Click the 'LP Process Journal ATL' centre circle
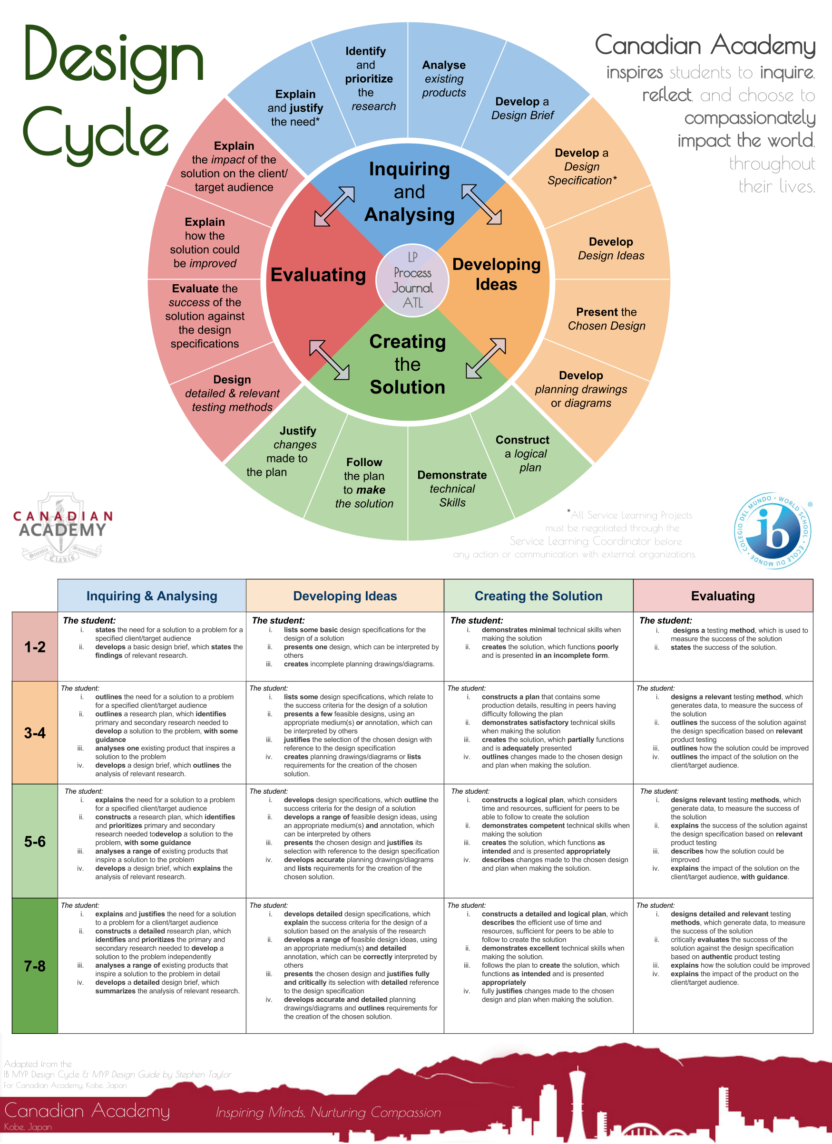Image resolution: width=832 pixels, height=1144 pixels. pyautogui.click(x=412, y=280)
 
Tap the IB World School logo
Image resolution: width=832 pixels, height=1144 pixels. pyautogui.click(x=773, y=530)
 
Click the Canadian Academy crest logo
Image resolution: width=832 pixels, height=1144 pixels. pyautogui.click(x=61, y=527)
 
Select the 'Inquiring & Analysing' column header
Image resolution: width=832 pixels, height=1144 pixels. pyautogui.click(x=151, y=596)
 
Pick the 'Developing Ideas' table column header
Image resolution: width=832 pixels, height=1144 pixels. pyautogui.click(x=345, y=596)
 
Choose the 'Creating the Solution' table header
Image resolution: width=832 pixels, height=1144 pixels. pyautogui.click(x=538, y=596)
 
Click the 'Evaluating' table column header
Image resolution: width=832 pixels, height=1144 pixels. pyautogui.click(x=723, y=596)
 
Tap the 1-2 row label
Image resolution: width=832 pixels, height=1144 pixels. pyautogui.click(x=35, y=647)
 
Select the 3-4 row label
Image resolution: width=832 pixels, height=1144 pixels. pyautogui.click(x=35, y=732)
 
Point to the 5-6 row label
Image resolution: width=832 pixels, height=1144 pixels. pyautogui.click(x=35, y=841)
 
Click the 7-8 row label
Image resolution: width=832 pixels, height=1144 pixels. pyautogui.click(x=35, y=965)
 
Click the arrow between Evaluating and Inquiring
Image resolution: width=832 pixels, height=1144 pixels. pyautogui.click(x=334, y=206)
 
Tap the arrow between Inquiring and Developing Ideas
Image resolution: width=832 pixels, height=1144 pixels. pyautogui.click(x=481, y=204)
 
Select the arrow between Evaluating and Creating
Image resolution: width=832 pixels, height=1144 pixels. pyautogui.click(x=329, y=360)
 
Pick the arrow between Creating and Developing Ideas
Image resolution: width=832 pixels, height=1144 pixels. pyautogui.click(x=486, y=358)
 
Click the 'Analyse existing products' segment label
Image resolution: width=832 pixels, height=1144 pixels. pyautogui.click(x=444, y=79)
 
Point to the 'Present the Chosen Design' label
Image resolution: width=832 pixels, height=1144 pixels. pyautogui.click(x=607, y=319)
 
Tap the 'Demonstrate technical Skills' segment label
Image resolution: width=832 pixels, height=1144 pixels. pyautogui.click(x=452, y=488)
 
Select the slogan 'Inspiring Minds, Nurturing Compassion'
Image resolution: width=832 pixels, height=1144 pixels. pyautogui.click(x=328, y=1112)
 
